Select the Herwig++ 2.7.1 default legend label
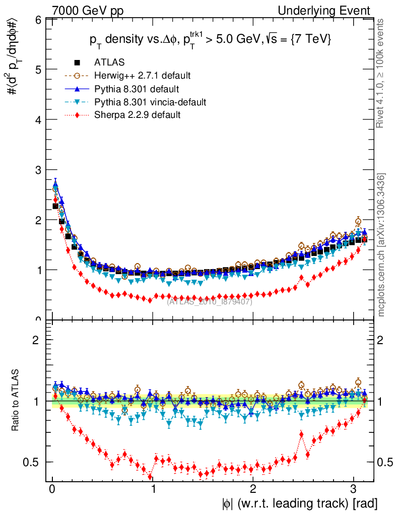pos(143,76)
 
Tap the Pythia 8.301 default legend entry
pos(137,89)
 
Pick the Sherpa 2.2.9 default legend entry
pos(138,115)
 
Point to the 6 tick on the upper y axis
pos(38,20)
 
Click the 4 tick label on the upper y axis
pos(38,120)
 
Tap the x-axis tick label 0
pos(52,488)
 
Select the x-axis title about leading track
pos(298,503)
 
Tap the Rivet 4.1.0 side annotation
pos(381,73)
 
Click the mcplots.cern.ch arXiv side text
pos(381,245)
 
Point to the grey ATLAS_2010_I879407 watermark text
pos(210,301)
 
